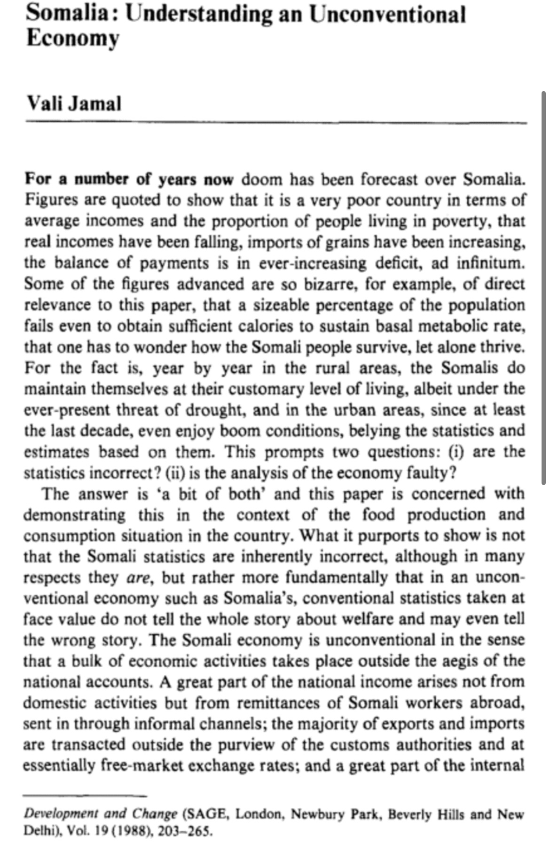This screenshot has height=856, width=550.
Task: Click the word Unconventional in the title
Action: coord(387,15)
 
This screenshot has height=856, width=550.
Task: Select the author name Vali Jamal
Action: coord(74,103)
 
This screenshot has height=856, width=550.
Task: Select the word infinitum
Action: coord(490,263)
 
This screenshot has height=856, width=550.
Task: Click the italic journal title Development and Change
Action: coord(100,814)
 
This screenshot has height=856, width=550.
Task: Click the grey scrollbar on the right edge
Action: coord(543,286)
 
